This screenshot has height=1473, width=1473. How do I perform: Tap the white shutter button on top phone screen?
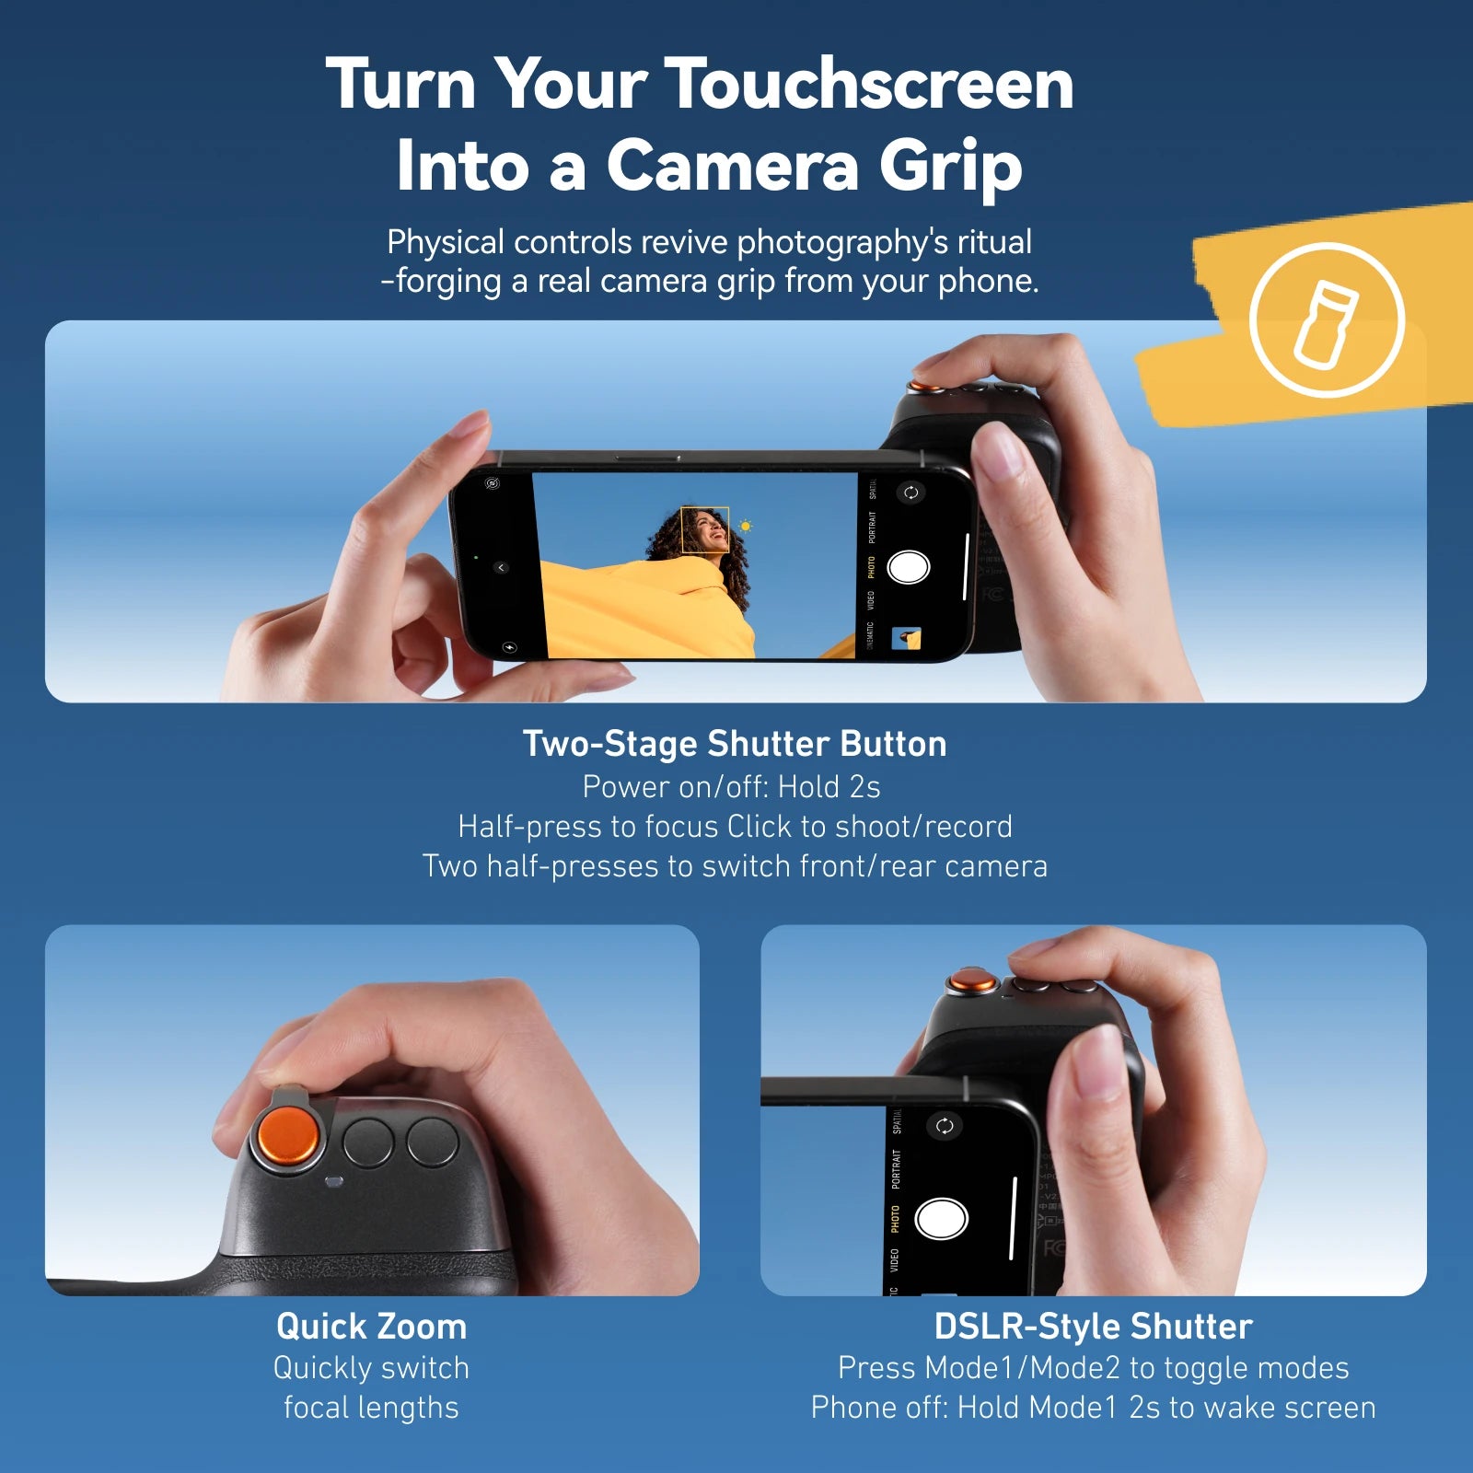(909, 567)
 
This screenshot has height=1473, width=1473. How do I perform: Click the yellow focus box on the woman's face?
(704, 529)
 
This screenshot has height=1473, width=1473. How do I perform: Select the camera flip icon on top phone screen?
(910, 493)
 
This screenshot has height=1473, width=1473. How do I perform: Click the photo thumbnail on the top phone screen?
(907, 638)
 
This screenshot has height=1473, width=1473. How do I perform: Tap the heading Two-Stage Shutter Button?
(735, 744)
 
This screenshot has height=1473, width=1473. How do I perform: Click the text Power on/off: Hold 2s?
(731, 787)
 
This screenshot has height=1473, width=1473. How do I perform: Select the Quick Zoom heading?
(371, 1327)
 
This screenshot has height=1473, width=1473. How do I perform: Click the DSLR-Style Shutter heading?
(1093, 1327)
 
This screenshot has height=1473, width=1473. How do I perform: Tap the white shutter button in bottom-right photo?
(941, 1218)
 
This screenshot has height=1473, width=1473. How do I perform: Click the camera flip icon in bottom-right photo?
(945, 1126)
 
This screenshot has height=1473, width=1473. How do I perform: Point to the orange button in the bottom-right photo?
(973, 981)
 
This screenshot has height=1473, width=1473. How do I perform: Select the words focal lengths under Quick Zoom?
(371, 1408)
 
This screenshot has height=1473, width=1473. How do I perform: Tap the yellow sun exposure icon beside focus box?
(746, 527)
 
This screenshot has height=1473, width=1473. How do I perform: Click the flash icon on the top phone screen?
(510, 647)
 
